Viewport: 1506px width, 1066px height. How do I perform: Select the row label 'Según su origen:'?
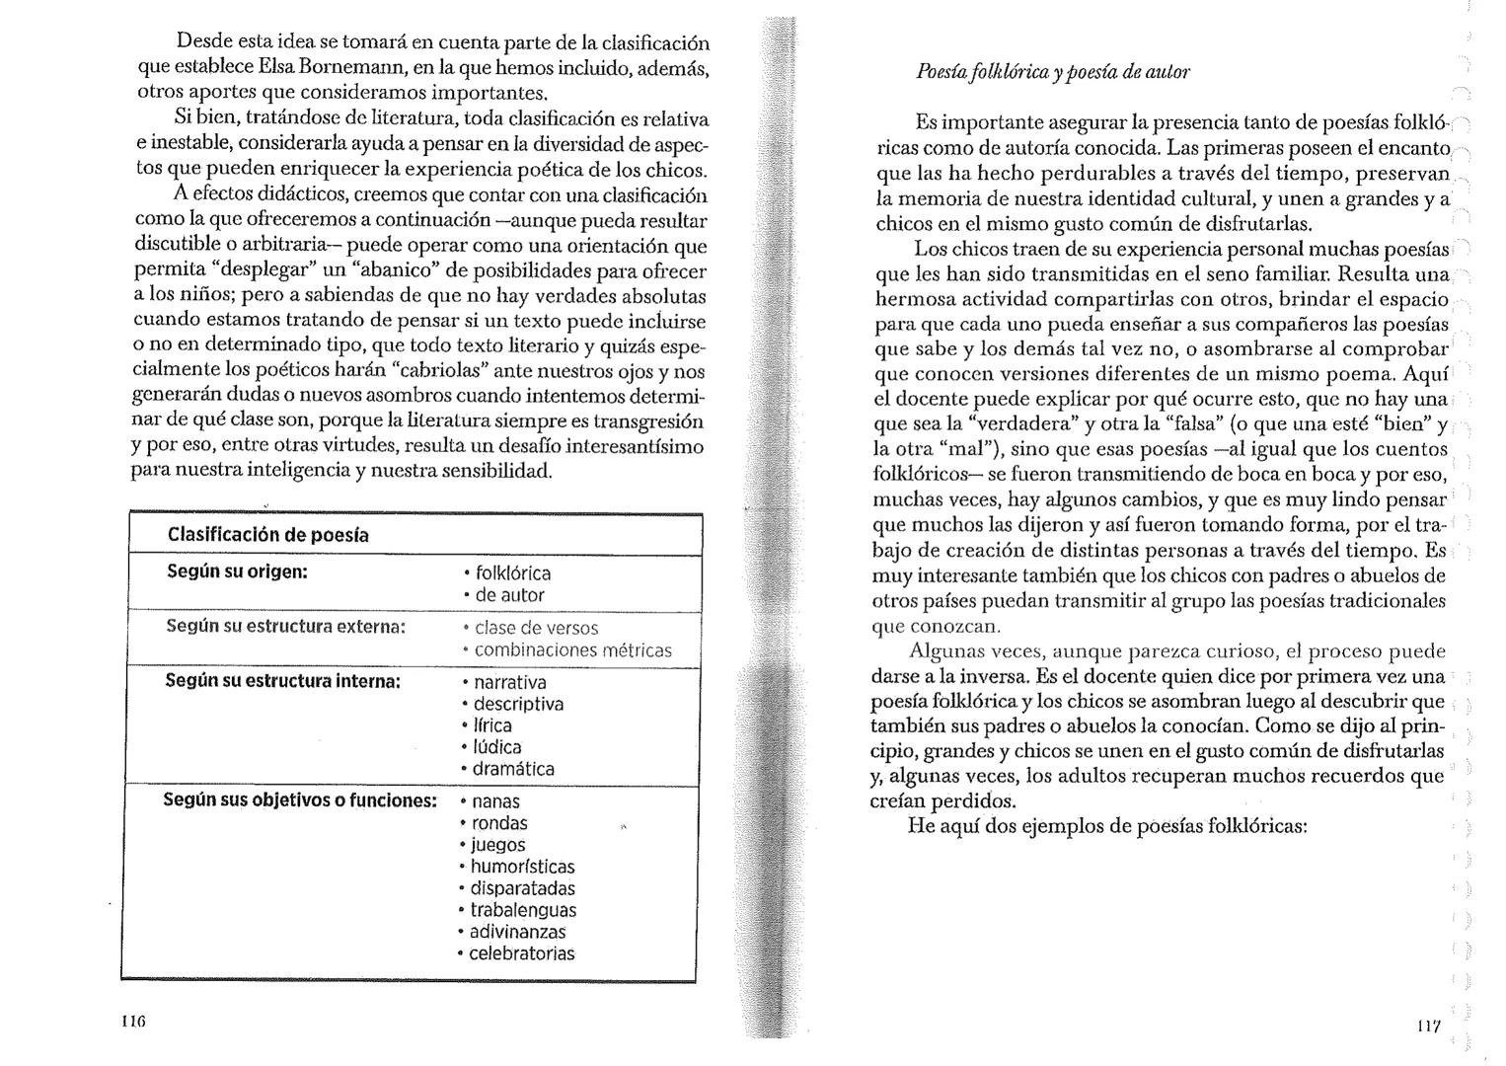tap(237, 571)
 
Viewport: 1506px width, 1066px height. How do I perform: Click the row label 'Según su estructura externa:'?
tap(285, 627)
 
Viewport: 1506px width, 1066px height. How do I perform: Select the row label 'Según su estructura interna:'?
tap(282, 681)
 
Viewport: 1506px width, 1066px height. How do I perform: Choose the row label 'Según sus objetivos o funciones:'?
tap(299, 799)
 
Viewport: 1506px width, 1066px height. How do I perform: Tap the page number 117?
tap(1428, 1027)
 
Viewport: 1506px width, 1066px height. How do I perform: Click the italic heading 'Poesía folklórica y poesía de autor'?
tap(1053, 72)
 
